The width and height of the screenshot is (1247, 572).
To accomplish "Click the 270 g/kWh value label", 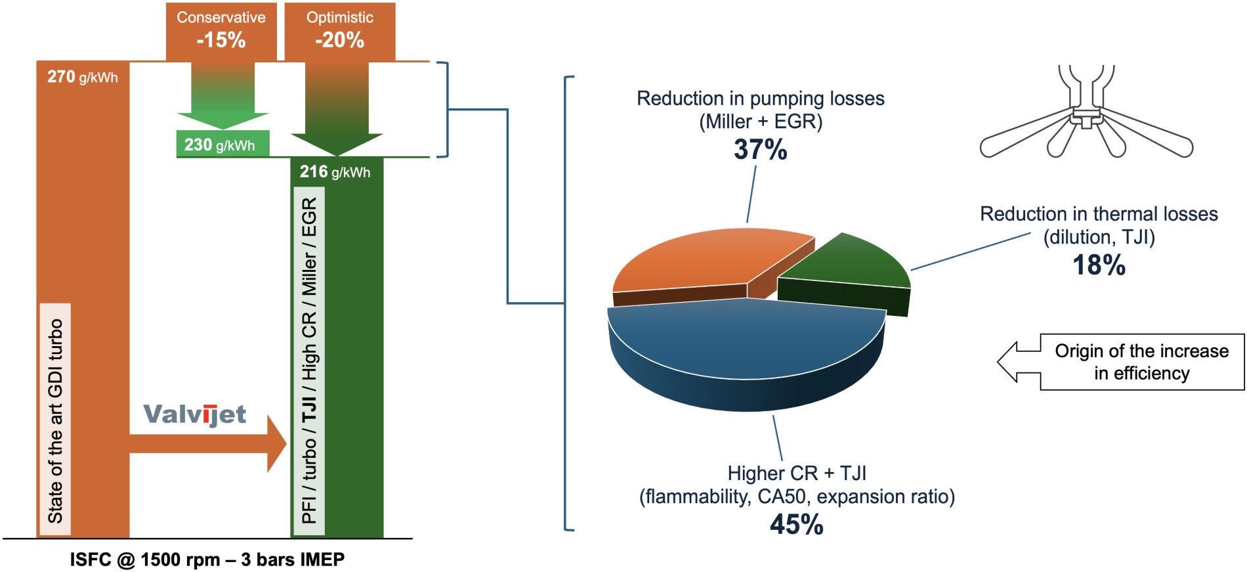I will [x=82, y=77].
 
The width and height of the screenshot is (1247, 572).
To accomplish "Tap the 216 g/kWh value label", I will [x=335, y=172].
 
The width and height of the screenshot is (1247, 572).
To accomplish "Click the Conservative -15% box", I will [x=221, y=30].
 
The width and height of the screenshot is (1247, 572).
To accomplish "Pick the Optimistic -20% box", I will [x=339, y=30].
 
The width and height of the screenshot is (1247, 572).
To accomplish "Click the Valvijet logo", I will [x=194, y=414].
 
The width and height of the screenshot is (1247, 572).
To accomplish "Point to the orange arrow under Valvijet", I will [x=210, y=444].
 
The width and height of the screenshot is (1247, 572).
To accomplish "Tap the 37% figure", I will [x=760, y=150].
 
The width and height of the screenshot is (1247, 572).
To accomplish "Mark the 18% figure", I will [x=1099, y=265].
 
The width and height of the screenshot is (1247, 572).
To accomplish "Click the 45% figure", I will [x=796, y=524].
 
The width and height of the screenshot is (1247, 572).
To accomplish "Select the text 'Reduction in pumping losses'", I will [x=760, y=99].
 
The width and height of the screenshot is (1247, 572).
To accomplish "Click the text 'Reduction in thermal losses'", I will [x=1099, y=214].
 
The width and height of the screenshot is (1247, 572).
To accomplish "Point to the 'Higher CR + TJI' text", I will [x=796, y=473].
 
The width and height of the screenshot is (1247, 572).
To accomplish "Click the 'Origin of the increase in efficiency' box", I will [x=1141, y=362].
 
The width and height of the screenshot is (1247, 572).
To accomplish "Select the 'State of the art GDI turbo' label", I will [x=56, y=420].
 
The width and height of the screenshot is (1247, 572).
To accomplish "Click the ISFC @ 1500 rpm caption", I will [x=207, y=560].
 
